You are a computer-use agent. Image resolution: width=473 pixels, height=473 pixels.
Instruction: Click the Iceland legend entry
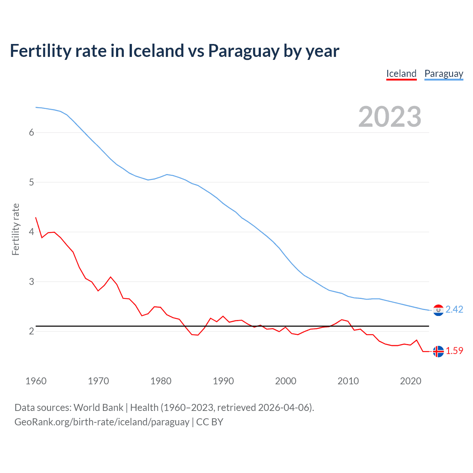point(401,74)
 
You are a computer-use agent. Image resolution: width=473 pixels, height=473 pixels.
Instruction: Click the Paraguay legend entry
point(443,74)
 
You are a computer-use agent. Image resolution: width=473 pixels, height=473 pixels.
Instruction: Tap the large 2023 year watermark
point(389,117)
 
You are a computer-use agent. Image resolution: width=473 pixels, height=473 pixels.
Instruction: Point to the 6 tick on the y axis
point(31,133)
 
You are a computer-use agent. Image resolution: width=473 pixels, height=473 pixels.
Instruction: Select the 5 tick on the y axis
point(31,182)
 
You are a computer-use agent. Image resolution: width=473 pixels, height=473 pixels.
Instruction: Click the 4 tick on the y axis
point(31,232)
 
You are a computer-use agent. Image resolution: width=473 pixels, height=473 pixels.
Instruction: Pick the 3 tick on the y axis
point(31,282)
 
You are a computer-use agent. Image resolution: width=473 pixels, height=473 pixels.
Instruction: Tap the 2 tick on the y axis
point(31,331)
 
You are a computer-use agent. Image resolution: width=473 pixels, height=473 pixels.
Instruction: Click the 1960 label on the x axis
point(36,381)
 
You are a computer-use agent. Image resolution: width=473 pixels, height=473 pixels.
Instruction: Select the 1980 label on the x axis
point(161,381)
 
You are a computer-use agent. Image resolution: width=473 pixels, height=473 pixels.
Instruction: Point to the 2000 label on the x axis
point(286,381)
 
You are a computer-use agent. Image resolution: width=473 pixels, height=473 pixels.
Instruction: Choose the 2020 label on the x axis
point(411,381)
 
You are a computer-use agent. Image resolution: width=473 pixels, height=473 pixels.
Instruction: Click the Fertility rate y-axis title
point(16,229)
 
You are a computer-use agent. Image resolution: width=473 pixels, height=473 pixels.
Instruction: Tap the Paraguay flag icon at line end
point(438,310)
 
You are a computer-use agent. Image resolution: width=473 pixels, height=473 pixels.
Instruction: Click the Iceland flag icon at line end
point(438,351)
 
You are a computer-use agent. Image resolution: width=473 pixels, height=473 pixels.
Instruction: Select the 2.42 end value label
point(454,310)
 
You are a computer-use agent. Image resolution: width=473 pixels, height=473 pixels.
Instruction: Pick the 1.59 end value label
point(454,351)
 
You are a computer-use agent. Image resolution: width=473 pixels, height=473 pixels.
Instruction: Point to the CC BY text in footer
point(210,422)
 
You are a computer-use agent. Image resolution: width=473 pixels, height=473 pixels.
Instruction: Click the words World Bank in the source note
point(98,408)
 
